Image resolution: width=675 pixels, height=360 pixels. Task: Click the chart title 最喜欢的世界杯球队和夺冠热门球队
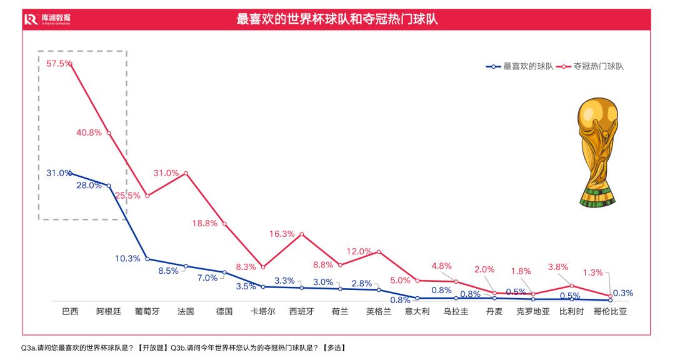[x=337, y=19]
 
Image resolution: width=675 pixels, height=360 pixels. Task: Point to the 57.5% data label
[x=59, y=64]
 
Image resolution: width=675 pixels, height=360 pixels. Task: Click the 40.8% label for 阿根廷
[x=89, y=132]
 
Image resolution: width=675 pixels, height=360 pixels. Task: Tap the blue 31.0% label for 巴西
[x=58, y=173]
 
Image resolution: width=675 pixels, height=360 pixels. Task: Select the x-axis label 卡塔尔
[x=262, y=311]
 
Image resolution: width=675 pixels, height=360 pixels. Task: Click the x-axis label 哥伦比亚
[x=609, y=311]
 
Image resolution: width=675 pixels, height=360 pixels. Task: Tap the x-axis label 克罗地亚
[x=533, y=311]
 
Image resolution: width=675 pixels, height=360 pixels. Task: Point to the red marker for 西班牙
[x=301, y=234]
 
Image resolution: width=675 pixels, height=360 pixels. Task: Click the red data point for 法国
[x=186, y=173]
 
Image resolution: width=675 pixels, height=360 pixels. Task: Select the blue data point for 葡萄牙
[x=147, y=259]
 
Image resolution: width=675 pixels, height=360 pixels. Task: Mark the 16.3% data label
[x=282, y=234]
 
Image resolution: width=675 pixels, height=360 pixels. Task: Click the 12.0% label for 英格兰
[x=359, y=251]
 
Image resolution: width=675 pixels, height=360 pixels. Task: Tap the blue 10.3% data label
[x=127, y=259]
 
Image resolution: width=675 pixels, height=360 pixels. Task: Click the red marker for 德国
[x=224, y=224]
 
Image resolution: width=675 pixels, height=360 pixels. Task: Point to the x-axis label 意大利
[x=417, y=311]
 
